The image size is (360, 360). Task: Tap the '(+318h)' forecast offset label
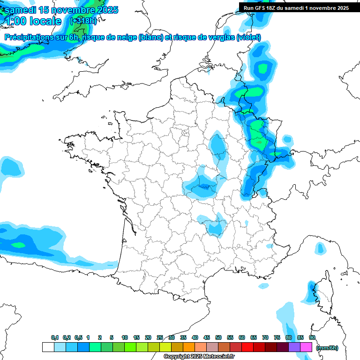pyautogui.click(x=83, y=21)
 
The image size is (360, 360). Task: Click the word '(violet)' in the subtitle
pyautogui.click(x=249, y=37)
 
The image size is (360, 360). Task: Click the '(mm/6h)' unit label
pyautogui.click(x=327, y=347)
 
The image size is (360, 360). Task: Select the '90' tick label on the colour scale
pyautogui.click(x=312, y=337)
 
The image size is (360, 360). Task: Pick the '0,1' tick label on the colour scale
pyautogui.click(x=55, y=337)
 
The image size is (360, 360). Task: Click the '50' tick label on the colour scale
pyautogui.click(x=218, y=337)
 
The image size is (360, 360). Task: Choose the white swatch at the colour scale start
pyautogui.click(x=48, y=347)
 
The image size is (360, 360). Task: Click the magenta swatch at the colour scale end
pyautogui.click(x=306, y=347)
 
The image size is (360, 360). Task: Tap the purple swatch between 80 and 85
pyautogui.click(x=294, y=347)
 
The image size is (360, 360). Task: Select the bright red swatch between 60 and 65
pyautogui.click(x=247, y=347)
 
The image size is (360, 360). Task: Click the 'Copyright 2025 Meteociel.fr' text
pyautogui.click(x=199, y=356)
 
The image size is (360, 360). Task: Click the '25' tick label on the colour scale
pyautogui.click(x=160, y=337)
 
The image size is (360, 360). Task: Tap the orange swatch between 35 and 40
pyautogui.click(x=189, y=347)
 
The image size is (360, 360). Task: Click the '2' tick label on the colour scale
pyautogui.click(x=100, y=337)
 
